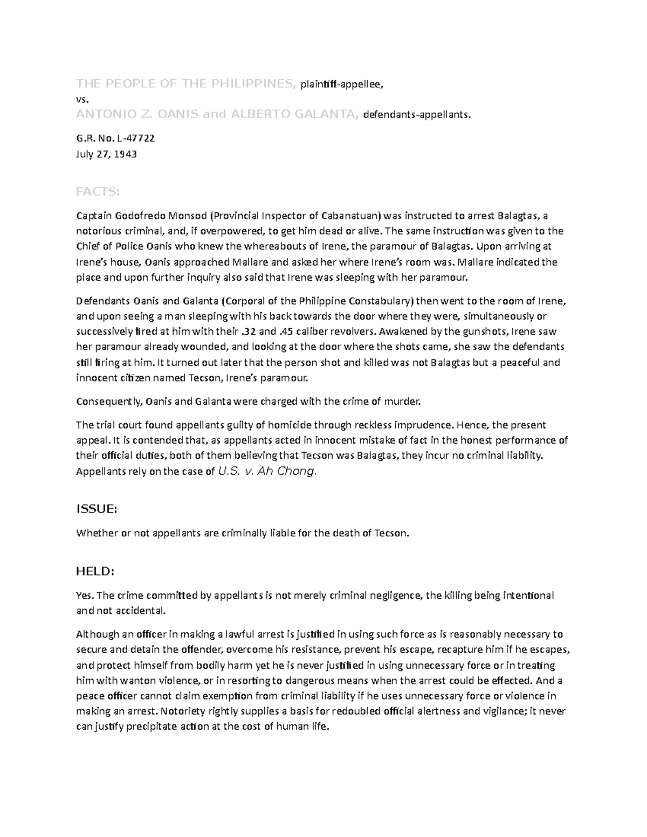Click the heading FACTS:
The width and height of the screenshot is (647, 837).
coord(98,192)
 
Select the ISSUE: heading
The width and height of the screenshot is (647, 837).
coord(97,509)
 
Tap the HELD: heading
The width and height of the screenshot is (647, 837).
coord(95,571)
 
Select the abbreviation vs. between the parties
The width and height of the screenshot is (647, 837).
coord(81,99)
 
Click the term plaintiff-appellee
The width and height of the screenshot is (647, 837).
coord(342,84)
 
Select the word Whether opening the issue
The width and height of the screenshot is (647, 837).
coord(97,534)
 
